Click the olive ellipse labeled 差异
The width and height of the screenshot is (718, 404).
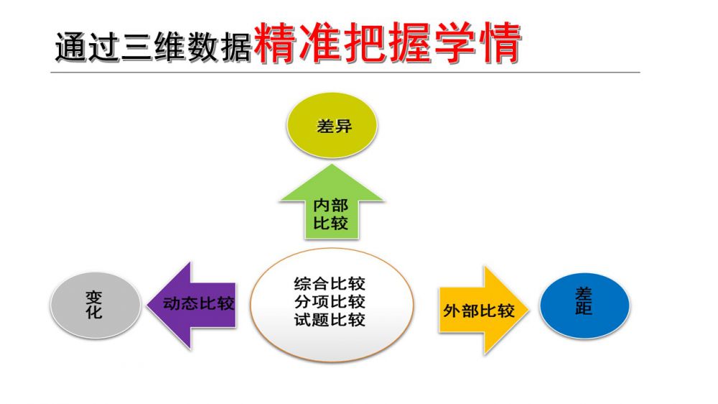tap(332, 127)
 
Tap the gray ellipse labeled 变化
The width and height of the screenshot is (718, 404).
tap(95, 305)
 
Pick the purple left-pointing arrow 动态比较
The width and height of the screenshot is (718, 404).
tap(192, 304)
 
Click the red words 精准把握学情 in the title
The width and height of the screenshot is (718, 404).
tap(386, 45)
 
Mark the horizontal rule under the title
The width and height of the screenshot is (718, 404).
tap(345, 72)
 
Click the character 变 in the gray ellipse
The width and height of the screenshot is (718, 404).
tap(94, 297)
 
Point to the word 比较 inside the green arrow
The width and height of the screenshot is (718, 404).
tap(330, 223)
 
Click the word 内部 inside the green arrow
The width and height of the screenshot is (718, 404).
tap(330, 205)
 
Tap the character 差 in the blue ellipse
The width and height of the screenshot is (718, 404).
tap(584, 295)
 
